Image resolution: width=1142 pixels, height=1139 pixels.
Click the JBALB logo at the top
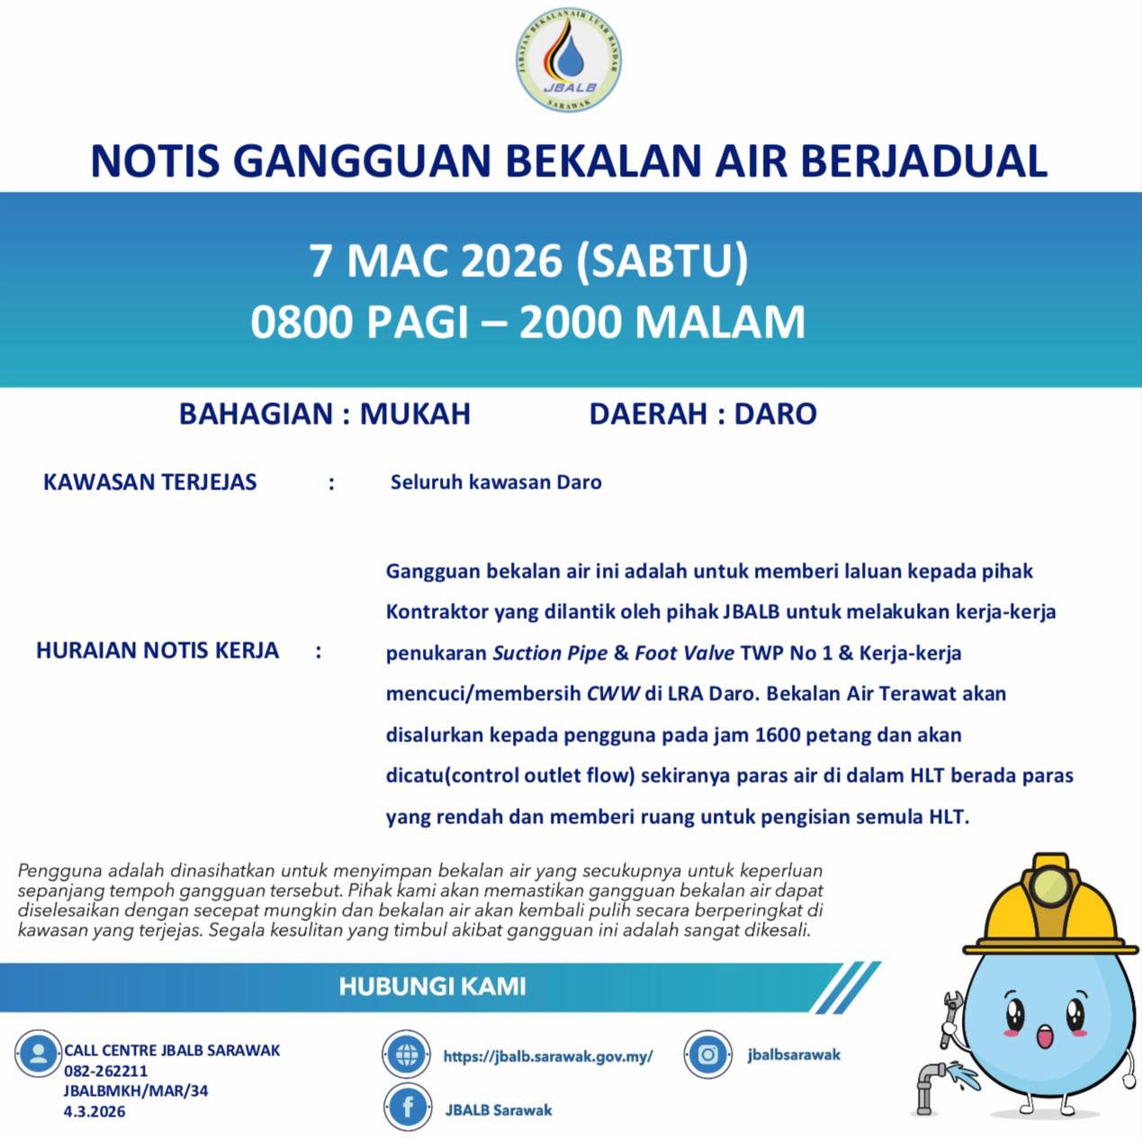(x=569, y=61)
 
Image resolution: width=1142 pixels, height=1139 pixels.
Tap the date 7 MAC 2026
(x=436, y=261)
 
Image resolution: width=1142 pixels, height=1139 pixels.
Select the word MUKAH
(x=415, y=414)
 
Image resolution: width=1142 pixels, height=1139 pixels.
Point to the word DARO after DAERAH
(x=776, y=414)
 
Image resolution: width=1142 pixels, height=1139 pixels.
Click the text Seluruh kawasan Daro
(x=496, y=482)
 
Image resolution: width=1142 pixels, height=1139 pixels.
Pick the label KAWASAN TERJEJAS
(x=150, y=482)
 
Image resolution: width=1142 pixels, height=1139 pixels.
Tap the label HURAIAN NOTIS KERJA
(x=157, y=650)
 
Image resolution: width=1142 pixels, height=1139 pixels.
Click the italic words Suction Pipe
(x=550, y=653)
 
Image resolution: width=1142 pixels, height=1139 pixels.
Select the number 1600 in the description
(x=778, y=735)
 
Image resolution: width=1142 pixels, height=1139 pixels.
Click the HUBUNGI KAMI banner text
(x=432, y=987)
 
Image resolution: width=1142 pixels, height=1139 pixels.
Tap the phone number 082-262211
(x=105, y=1071)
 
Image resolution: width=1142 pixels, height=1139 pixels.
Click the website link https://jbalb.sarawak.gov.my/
(x=548, y=1056)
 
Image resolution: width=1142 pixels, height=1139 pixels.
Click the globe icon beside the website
(x=407, y=1054)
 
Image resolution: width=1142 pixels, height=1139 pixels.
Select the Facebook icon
(x=407, y=1108)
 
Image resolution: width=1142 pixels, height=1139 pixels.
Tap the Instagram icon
(x=708, y=1054)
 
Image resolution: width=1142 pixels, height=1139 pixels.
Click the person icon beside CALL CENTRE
(x=38, y=1054)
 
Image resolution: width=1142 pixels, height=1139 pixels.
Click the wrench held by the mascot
(x=949, y=1017)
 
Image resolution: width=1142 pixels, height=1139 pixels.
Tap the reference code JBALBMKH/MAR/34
(x=135, y=1090)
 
